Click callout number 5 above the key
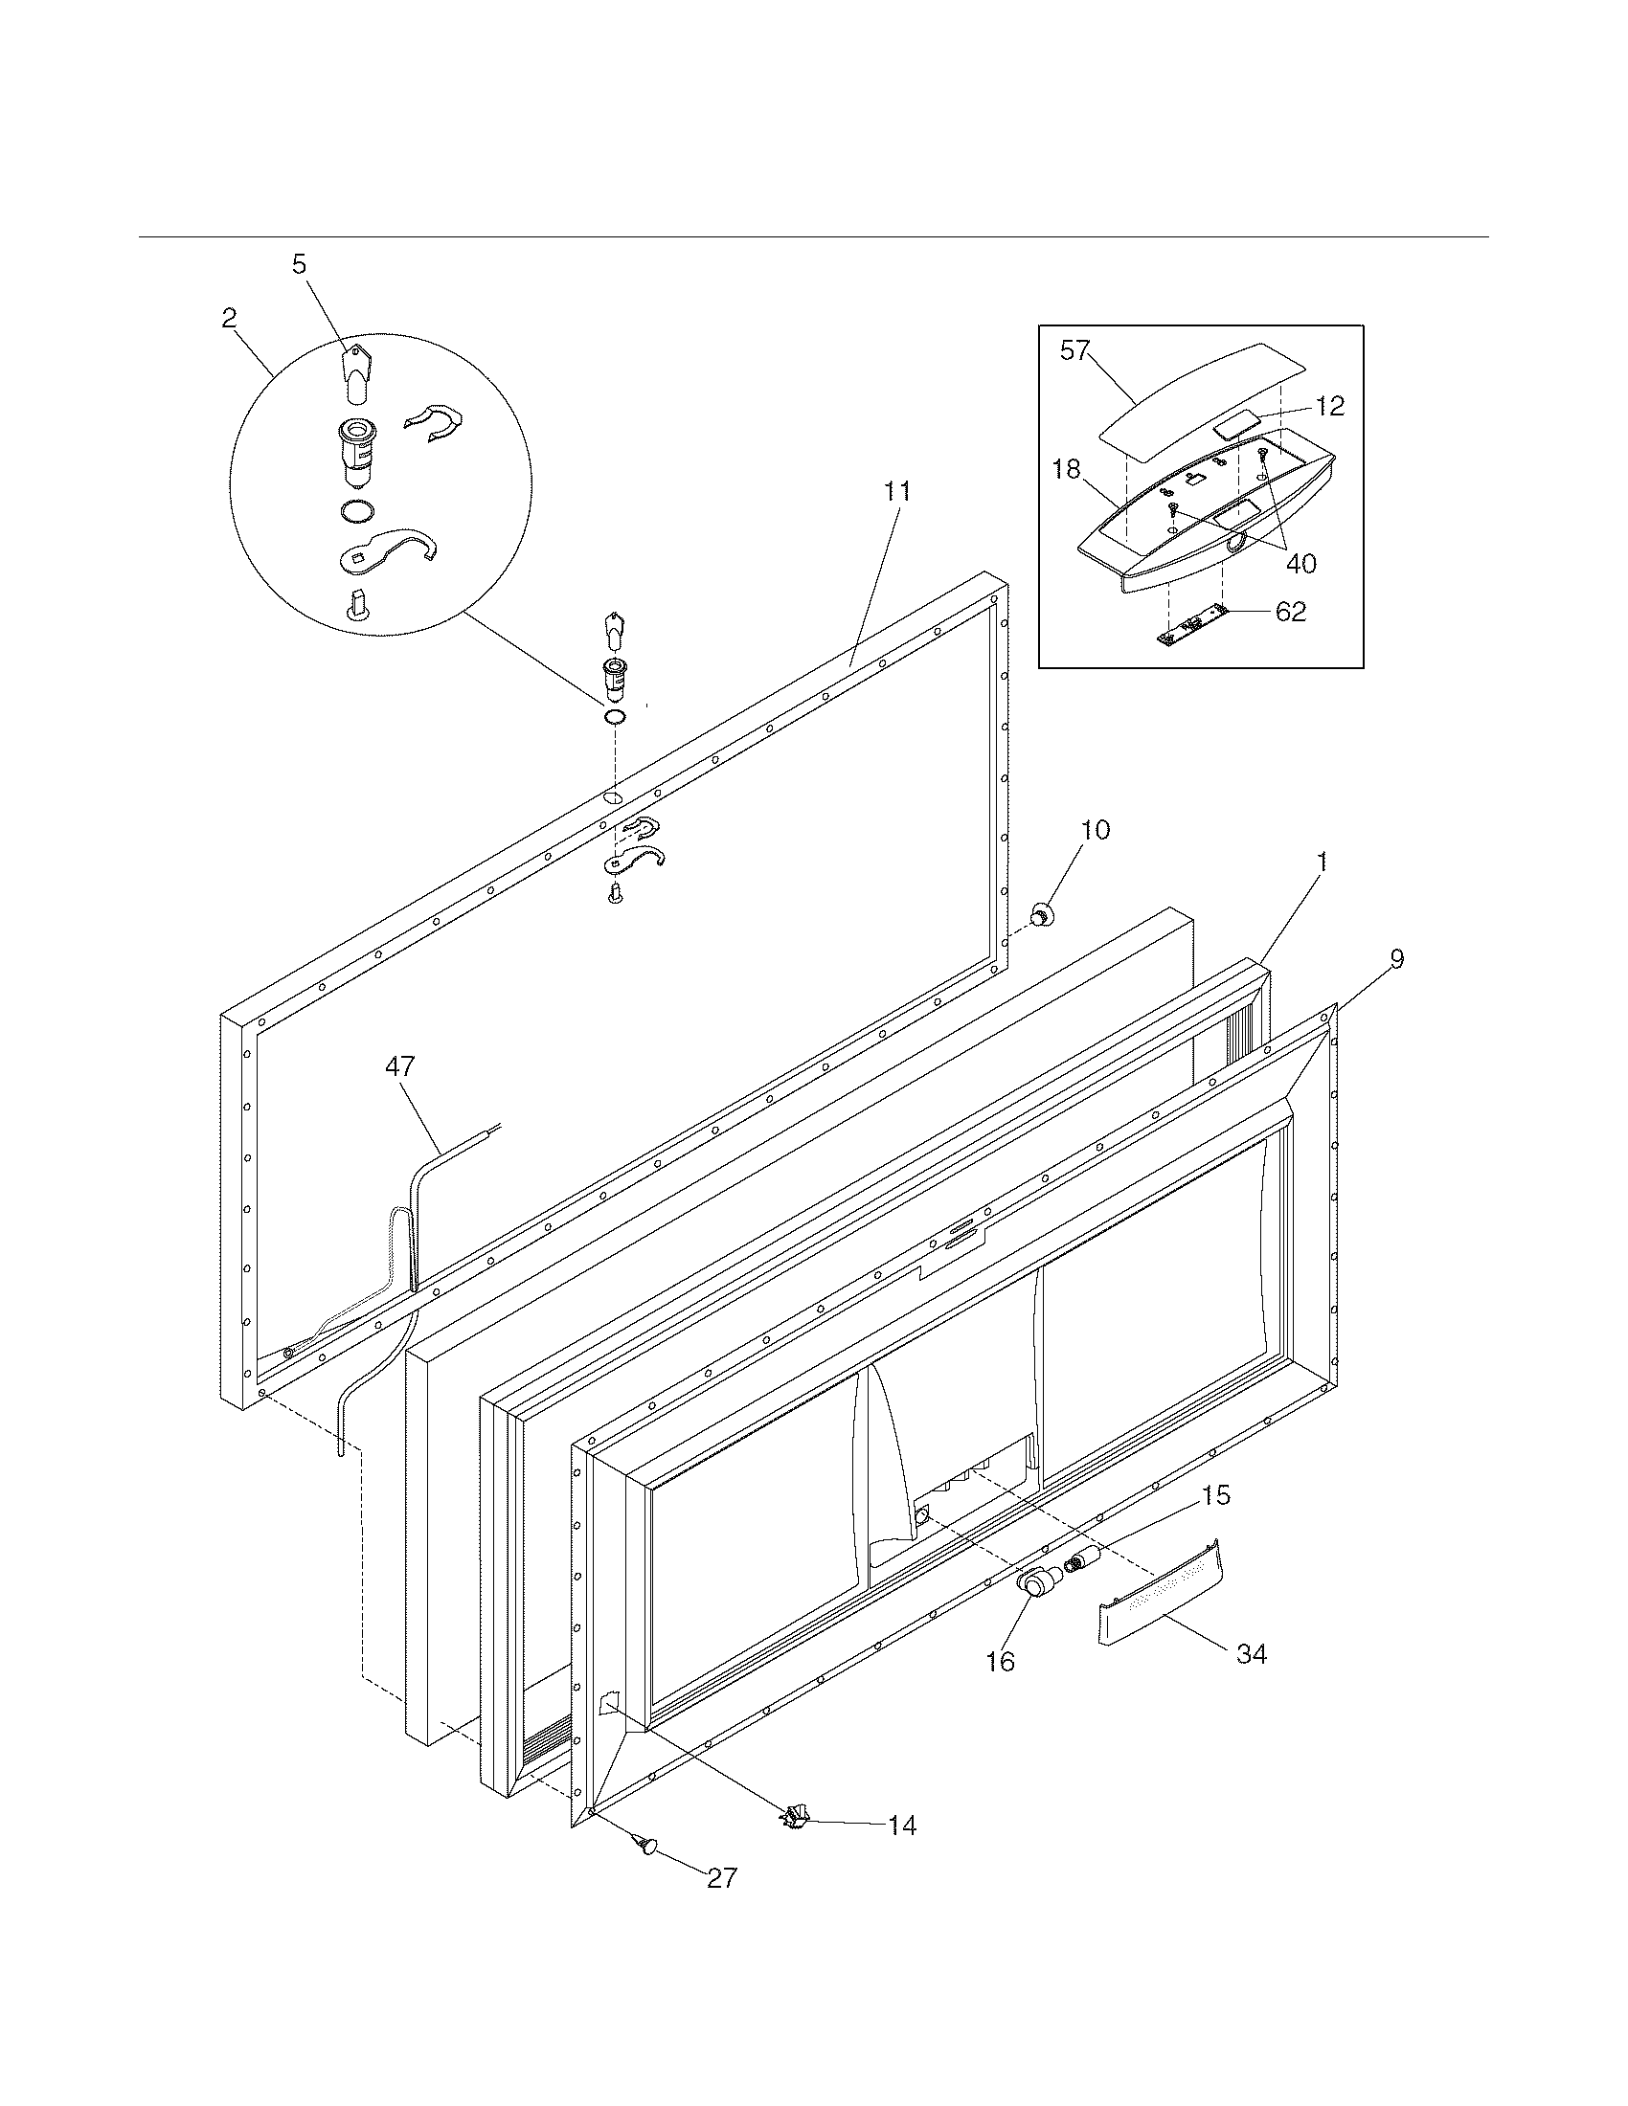300,264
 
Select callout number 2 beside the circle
229,318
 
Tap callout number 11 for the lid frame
897,491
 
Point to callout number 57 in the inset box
1074,351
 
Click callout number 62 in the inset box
1291,612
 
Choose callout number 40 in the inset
1301,563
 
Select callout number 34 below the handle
1252,1654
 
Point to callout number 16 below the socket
1001,1661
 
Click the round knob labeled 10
1043,913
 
